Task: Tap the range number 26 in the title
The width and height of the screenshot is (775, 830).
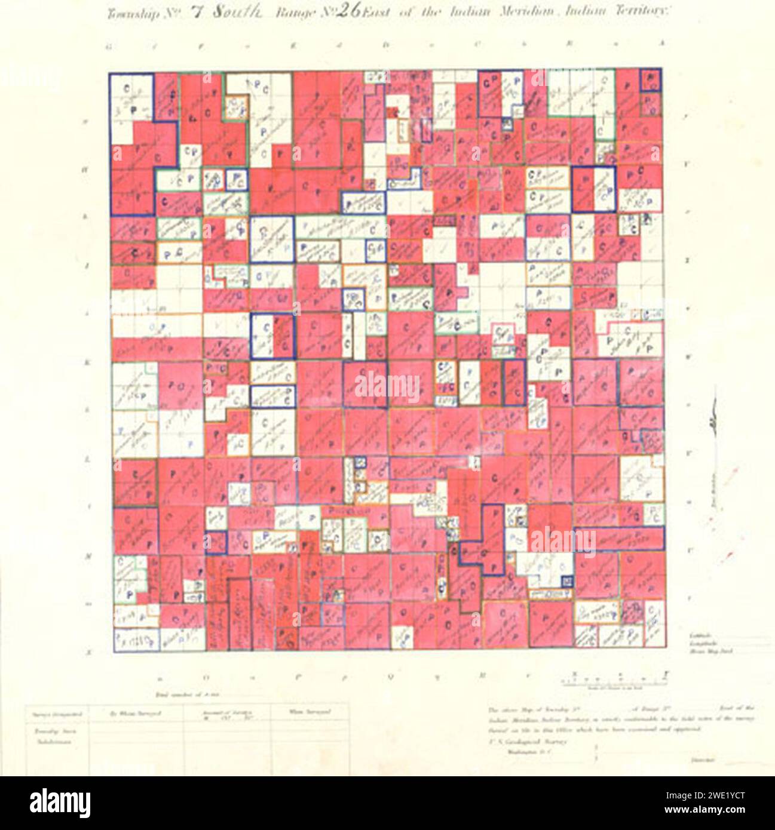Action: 346,13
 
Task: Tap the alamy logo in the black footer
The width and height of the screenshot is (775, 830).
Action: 60,803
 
